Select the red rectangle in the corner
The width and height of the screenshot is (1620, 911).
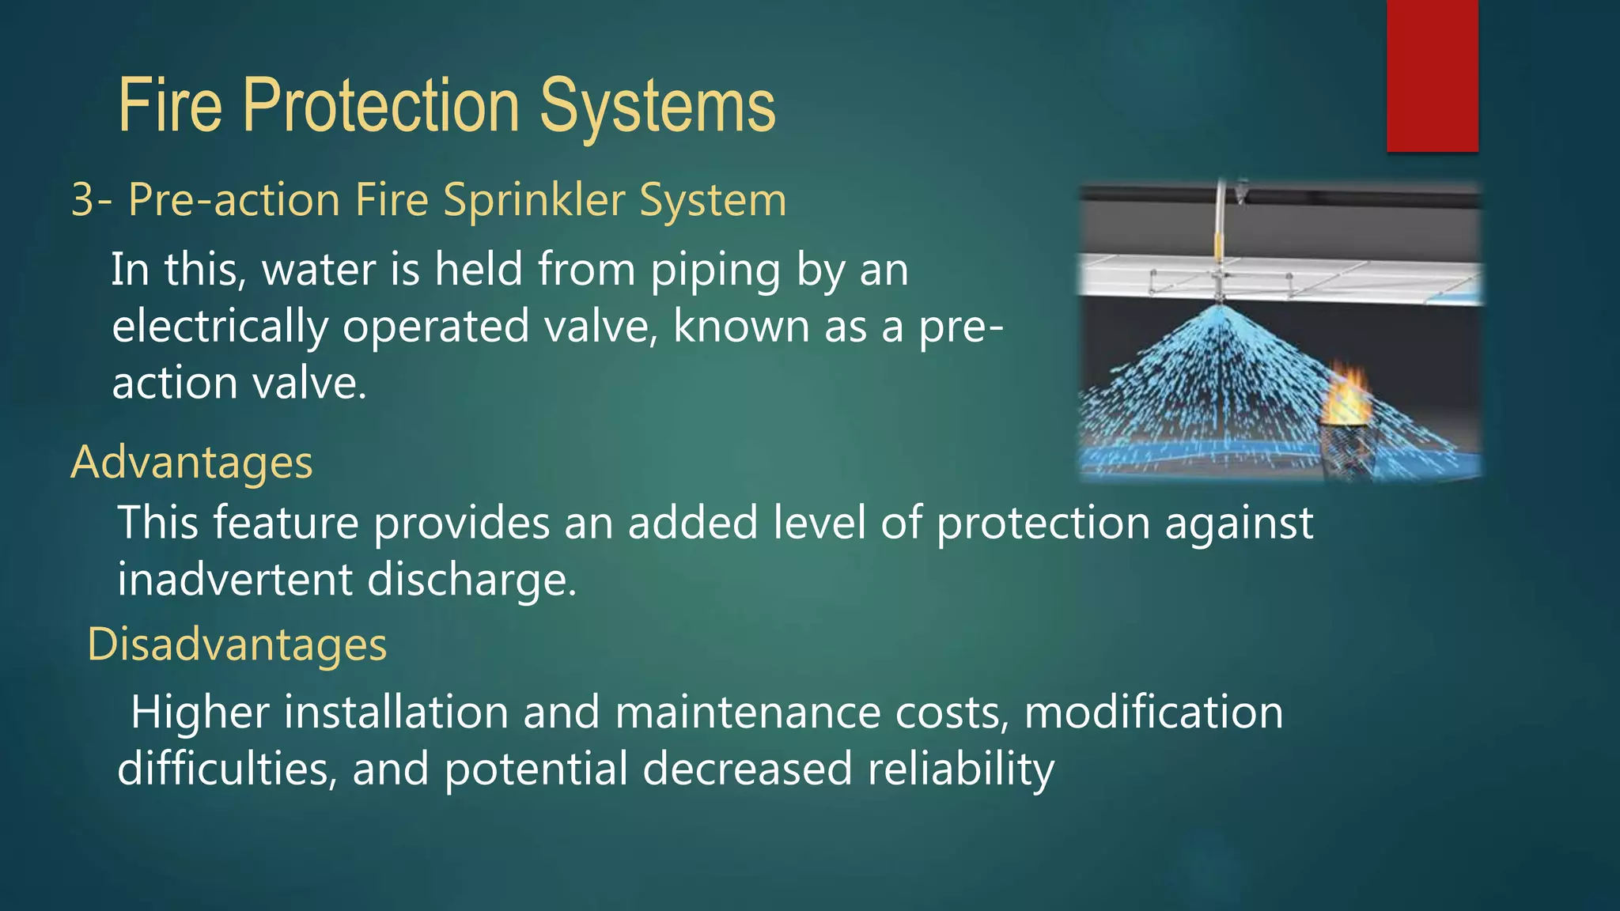tap(1432, 75)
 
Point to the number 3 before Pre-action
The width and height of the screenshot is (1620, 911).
tap(83, 199)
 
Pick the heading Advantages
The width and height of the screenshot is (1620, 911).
tap(192, 462)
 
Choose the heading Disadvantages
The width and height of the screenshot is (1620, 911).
tap(237, 644)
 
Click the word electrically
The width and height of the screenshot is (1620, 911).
tap(220, 327)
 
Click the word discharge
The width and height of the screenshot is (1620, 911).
tap(471, 580)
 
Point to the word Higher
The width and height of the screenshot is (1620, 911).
tap(199, 712)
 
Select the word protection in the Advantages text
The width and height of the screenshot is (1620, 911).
tap(1043, 524)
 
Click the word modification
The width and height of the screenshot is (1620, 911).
tap(1153, 712)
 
